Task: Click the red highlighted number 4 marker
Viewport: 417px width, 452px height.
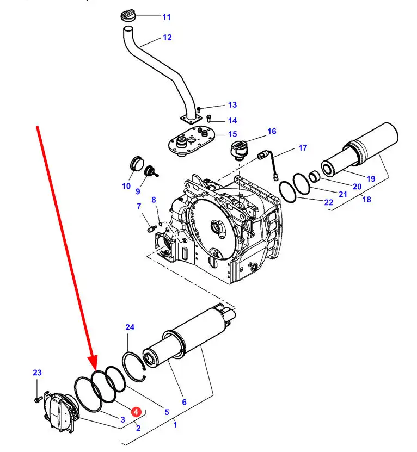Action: tap(136, 412)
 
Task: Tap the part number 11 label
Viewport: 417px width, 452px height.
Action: tap(167, 17)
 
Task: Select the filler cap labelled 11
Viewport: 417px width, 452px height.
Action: tap(128, 15)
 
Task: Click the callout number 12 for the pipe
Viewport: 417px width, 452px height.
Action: tap(167, 38)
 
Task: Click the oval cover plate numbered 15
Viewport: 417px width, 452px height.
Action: tap(191, 141)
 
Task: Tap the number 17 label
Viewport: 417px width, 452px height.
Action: tap(303, 148)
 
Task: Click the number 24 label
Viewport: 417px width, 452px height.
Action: tap(130, 327)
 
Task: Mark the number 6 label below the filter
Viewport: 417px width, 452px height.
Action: tap(184, 402)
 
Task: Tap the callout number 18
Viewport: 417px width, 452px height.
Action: tap(366, 199)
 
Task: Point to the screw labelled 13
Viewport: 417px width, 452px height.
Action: tap(199, 109)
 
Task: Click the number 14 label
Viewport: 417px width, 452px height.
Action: tap(232, 121)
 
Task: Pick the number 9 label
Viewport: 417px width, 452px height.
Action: tap(138, 191)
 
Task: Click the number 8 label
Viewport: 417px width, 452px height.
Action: tap(154, 200)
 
